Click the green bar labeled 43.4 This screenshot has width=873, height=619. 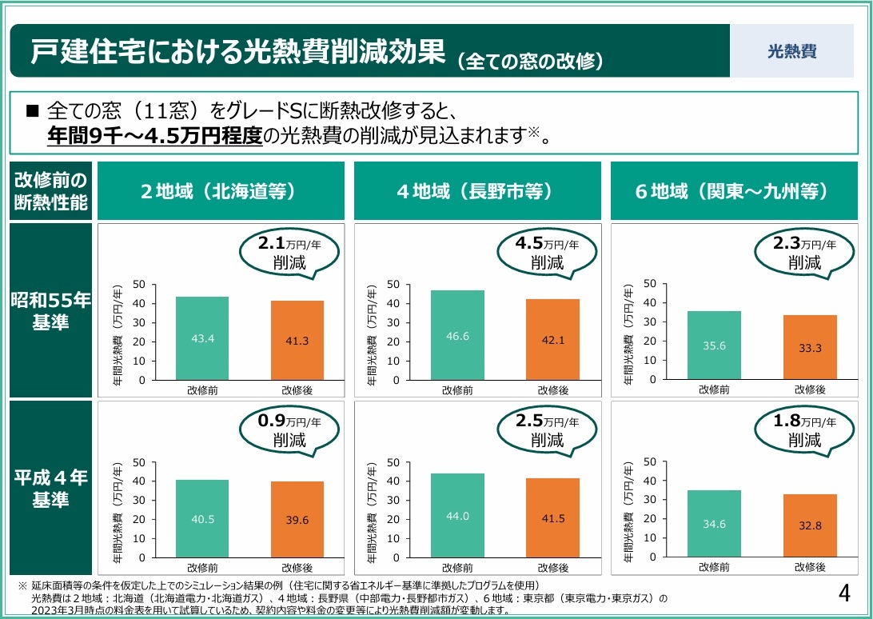point(202,338)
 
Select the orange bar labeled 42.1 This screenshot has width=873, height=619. point(552,339)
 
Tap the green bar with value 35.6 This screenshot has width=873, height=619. point(714,345)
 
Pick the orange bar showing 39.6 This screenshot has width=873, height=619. point(297,519)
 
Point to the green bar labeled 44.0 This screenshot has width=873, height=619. point(457,515)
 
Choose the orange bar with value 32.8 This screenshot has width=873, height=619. point(810,525)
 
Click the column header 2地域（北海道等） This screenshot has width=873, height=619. point(219,192)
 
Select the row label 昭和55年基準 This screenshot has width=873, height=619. point(50,311)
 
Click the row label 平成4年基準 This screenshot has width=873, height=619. point(50,488)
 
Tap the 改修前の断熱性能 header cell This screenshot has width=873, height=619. point(50,190)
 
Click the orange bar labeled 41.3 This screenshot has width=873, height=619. point(297,340)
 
